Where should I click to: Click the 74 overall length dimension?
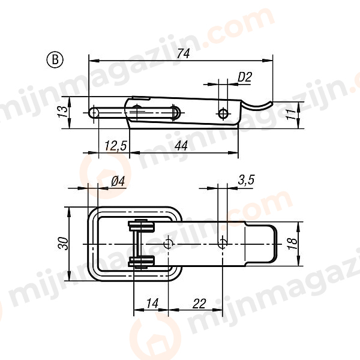pyautogui.click(x=184, y=53)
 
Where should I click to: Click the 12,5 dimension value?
pyautogui.click(x=114, y=146)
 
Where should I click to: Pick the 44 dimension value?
pyautogui.click(x=182, y=146)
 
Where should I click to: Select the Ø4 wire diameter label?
pyautogui.click(x=118, y=181)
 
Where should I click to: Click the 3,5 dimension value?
pyautogui.click(x=246, y=179)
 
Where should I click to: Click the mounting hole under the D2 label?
pyautogui.click(x=223, y=113)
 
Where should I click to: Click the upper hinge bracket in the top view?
pyautogui.click(x=142, y=227)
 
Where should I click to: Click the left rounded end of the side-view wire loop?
pyautogui.click(x=94, y=112)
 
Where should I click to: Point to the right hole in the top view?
pyautogui.click(x=223, y=244)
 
